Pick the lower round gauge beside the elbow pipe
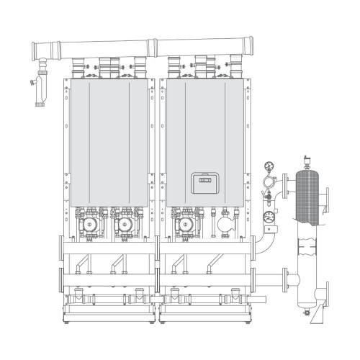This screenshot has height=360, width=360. pos(269,214)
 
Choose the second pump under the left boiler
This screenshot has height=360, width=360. pos(124,223)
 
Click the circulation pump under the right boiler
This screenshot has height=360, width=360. pos(186,223)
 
